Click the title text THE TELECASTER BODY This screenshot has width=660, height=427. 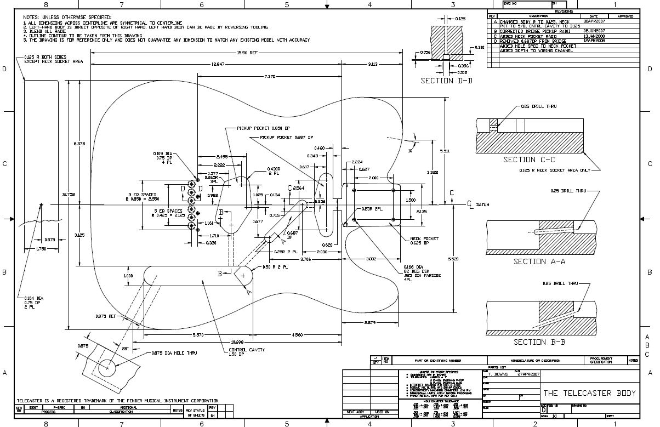coord(589,393)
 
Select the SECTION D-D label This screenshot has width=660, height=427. coord(446,81)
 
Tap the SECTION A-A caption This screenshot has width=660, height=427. coord(539,261)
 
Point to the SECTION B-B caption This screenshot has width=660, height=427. coord(539,342)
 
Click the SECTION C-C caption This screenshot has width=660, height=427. coord(529,160)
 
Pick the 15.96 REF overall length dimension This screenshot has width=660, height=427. coord(247,53)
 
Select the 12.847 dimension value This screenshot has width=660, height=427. coord(218,65)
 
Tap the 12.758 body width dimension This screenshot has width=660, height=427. coord(68,194)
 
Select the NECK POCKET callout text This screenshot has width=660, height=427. coord(424,239)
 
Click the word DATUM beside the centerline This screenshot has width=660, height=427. coord(482,204)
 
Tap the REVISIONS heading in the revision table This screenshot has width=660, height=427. coord(564,11)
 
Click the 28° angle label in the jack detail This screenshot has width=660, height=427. coord(125,349)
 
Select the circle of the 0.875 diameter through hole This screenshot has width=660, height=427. coord(107,367)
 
